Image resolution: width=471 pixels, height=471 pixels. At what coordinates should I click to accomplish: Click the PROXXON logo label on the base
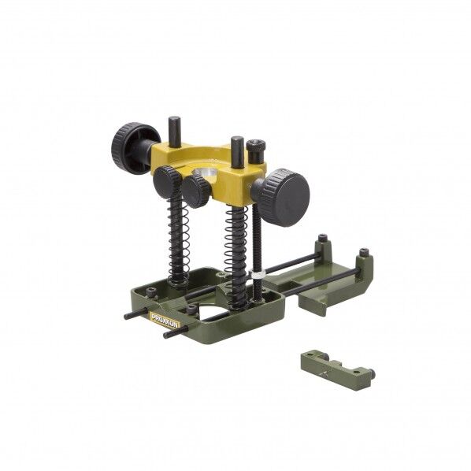click(x=165, y=320)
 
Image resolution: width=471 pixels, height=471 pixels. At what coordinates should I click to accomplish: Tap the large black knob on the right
click(x=284, y=198)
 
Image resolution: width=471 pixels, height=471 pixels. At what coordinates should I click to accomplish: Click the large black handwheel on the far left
click(x=132, y=144)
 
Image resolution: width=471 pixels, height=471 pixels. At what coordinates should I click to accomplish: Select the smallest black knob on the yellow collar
click(x=196, y=191)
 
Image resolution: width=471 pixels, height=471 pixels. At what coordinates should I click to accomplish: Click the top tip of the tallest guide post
click(x=174, y=117)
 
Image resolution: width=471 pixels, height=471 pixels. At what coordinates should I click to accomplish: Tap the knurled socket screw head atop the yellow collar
click(x=256, y=146)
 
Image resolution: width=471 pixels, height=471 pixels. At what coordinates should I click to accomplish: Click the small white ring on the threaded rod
click(x=258, y=275)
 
